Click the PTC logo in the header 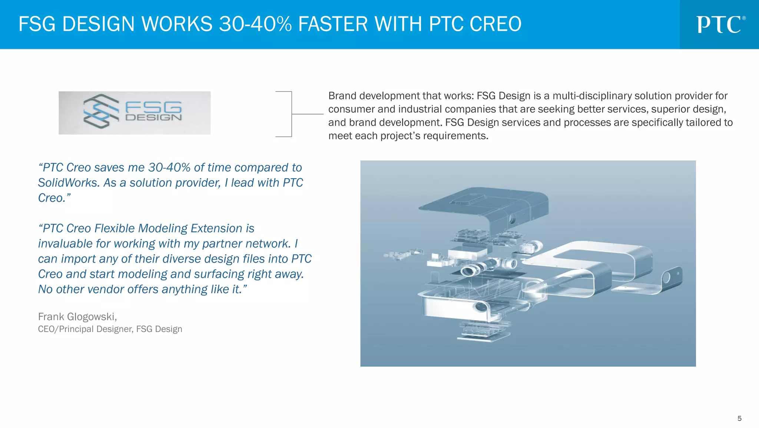click(720, 24)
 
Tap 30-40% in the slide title click(255, 24)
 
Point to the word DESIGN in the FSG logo click(153, 118)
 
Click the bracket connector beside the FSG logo click(292, 114)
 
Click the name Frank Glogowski click(77, 317)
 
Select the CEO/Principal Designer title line click(110, 329)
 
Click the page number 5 click(739, 418)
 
